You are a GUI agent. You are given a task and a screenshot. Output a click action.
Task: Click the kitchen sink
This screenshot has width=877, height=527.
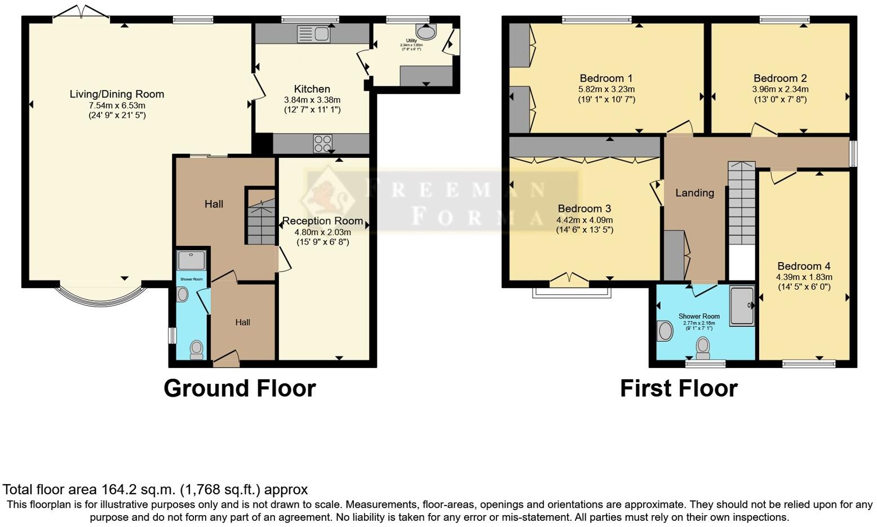313,34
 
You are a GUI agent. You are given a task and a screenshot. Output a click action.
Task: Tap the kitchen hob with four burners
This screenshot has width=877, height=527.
322,143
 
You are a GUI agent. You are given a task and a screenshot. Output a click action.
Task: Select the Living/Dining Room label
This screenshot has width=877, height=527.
117,94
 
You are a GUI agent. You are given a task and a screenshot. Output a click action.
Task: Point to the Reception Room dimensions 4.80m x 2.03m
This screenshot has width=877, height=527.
322,232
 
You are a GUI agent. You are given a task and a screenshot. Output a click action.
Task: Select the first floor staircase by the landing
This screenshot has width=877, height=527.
741,203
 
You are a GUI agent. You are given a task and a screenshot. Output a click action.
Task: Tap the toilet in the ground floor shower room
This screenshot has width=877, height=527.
196,349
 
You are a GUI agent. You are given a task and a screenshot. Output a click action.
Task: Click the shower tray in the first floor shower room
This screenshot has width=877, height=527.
742,305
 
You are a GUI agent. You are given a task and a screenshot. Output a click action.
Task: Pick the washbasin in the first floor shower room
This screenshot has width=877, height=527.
665,331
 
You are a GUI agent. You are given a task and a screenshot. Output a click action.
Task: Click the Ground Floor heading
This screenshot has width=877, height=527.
240,388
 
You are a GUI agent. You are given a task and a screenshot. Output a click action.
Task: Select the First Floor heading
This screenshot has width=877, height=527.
679,388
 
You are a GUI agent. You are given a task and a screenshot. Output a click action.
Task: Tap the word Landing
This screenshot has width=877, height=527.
694,193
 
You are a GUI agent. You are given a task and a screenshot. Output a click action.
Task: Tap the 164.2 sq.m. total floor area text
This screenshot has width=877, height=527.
155,489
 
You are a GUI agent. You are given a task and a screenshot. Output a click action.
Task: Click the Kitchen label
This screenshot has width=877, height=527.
312,89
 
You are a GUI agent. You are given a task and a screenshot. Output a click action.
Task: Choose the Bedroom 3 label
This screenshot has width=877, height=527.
584,209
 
